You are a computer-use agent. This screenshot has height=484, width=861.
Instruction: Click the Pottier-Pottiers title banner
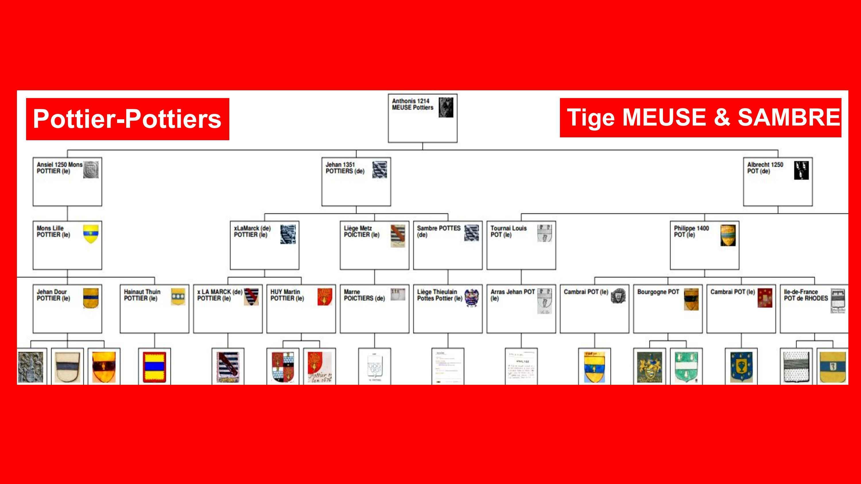coord(127,119)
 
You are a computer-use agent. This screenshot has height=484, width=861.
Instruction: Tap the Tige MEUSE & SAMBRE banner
coord(700,118)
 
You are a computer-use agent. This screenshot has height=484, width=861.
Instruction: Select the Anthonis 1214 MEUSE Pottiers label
coord(412,104)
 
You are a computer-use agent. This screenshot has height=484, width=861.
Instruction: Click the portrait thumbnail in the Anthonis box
coord(446,107)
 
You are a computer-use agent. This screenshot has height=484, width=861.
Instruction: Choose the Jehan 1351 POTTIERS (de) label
coord(345,168)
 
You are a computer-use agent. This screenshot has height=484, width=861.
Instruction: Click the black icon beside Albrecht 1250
coord(801,170)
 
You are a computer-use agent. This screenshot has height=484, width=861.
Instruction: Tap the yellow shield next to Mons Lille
coord(91,233)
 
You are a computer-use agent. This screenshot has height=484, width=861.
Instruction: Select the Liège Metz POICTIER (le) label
coord(362,231)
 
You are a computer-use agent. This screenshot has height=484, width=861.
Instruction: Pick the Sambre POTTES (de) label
coord(438,231)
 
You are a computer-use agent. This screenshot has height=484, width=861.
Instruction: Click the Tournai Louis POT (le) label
coord(508,231)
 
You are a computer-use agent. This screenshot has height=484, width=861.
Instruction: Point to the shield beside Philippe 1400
coord(728,235)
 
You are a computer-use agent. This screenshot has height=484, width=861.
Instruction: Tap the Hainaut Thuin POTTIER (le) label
coord(142,295)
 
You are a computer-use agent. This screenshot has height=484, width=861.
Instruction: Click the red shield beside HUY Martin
coord(325,296)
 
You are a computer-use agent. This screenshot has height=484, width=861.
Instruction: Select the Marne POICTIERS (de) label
coord(364,295)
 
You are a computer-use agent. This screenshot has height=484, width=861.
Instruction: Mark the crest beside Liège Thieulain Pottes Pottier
coord(471,297)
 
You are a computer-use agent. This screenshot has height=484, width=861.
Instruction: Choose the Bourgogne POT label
coord(658,292)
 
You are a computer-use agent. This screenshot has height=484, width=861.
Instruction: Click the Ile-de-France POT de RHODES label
coord(806,295)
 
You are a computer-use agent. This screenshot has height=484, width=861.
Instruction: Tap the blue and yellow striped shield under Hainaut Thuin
coord(154,367)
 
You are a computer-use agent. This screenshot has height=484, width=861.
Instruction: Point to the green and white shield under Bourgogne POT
coord(686,367)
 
